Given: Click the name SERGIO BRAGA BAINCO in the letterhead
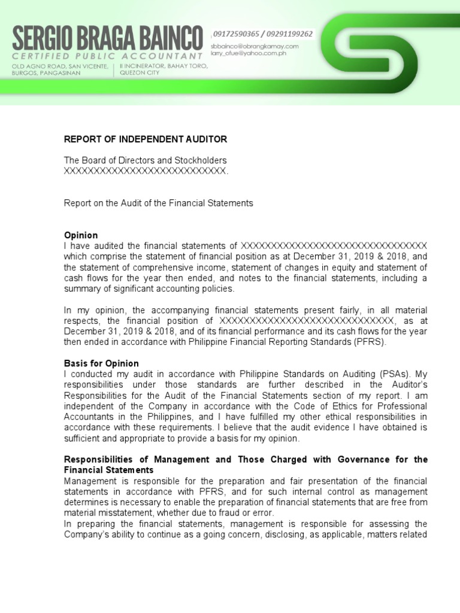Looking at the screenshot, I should [107, 39].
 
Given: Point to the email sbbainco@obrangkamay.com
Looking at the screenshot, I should [254, 45].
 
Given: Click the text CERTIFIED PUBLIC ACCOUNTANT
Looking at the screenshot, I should [107, 56].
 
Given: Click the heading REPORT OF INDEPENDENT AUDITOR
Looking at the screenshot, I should [146, 139].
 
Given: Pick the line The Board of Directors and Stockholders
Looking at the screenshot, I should [146, 160].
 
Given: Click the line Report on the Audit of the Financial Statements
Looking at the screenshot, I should [159, 204].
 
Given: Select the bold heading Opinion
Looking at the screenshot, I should [81, 235].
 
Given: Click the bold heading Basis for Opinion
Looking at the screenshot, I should [101, 363].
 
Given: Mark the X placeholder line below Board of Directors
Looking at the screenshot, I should [146, 171].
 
